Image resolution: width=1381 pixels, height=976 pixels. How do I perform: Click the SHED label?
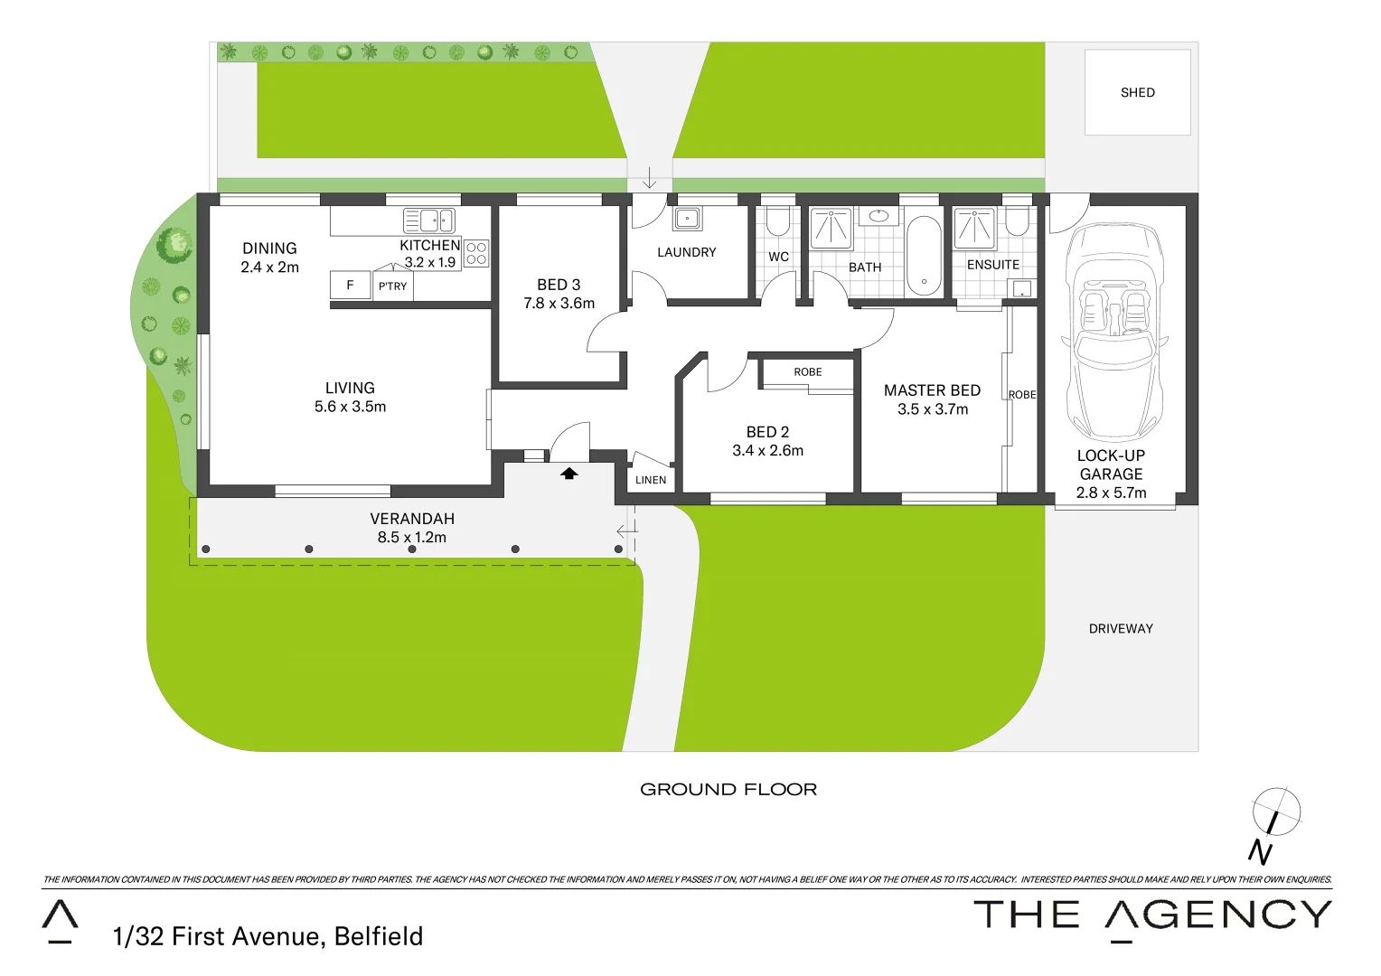[1137, 92]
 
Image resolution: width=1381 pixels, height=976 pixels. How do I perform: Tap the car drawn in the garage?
[1113, 330]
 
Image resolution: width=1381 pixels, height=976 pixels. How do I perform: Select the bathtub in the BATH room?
[924, 257]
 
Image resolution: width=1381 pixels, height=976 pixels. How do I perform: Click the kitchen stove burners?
[476, 254]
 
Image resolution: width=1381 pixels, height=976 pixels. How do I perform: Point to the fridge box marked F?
[350, 285]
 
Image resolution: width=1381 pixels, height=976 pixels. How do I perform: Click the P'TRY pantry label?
[392, 286]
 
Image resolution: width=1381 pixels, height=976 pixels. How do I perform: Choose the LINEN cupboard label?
[651, 480]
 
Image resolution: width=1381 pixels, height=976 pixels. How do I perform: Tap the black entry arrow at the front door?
[569, 473]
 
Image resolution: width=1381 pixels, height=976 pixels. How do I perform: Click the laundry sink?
[687, 218]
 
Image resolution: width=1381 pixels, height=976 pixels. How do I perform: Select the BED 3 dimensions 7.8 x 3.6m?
[559, 304]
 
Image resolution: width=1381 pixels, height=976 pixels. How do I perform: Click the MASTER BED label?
[932, 390]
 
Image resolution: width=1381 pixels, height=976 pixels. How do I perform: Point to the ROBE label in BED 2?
[808, 372]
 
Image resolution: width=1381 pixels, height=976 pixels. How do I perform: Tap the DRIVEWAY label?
[1121, 629]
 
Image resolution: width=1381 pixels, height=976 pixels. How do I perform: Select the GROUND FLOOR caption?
[728, 790]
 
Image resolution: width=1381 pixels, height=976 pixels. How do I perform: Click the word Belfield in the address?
[378, 936]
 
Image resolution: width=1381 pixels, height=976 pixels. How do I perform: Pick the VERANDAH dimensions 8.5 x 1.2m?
[411, 538]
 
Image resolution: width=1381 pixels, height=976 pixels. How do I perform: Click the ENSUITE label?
[992, 265]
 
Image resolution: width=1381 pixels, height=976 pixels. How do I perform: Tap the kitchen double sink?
[429, 220]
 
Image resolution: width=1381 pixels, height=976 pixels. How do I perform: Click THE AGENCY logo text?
[1152, 915]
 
